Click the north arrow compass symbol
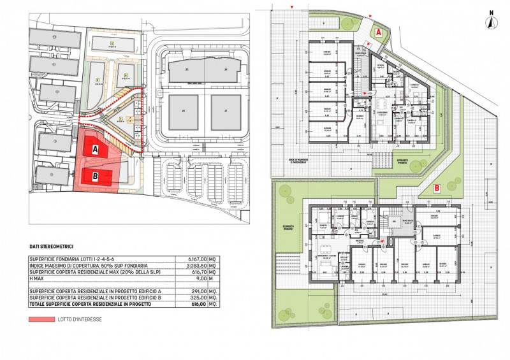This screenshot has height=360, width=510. [x=491, y=22]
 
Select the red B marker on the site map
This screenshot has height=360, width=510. [x=94, y=178]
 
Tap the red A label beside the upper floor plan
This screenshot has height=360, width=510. [x=378, y=31]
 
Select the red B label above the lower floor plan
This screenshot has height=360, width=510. [x=436, y=188]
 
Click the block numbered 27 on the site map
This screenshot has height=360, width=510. [x=225, y=111]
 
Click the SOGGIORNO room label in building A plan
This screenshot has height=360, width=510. [x=382, y=113]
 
